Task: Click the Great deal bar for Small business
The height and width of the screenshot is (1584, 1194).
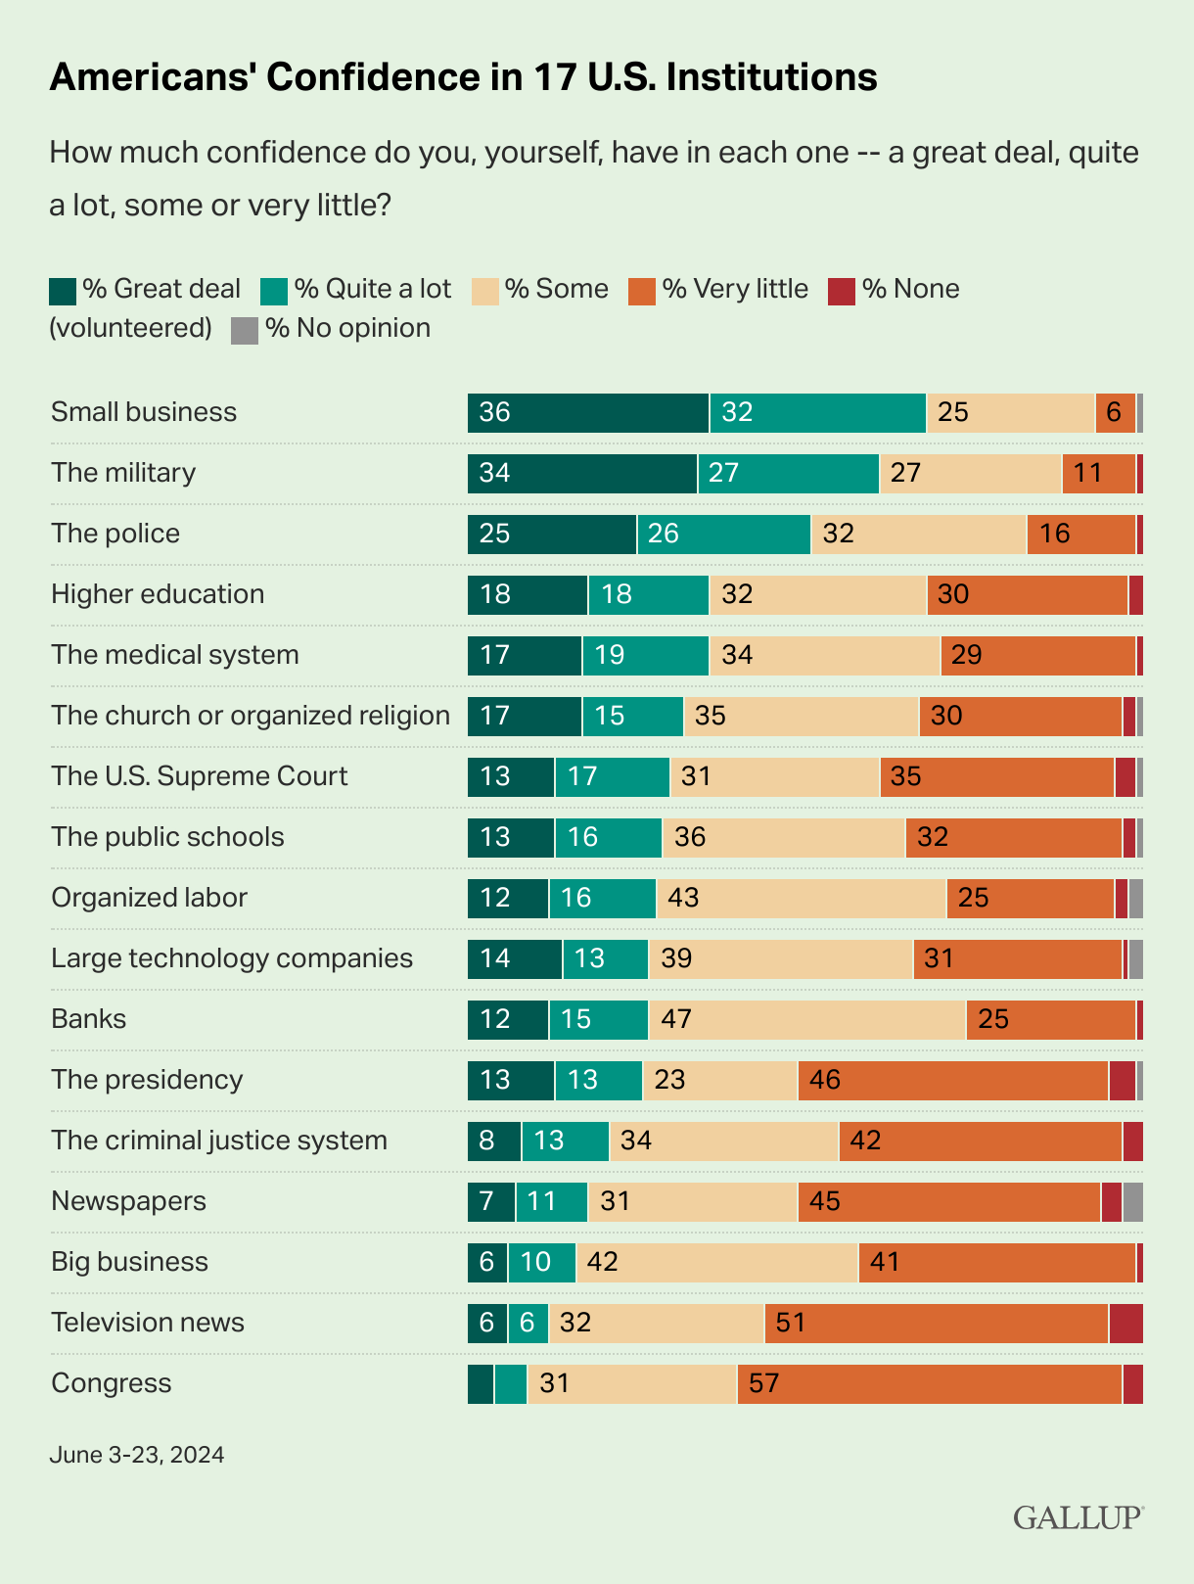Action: click(x=587, y=413)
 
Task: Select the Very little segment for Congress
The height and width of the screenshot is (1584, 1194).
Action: click(x=929, y=1384)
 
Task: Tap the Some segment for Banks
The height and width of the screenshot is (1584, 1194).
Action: click(x=806, y=1020)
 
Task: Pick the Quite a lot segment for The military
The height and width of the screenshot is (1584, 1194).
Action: click(x=788, y=474)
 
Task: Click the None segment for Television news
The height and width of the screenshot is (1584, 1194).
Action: click(x=1125, y=1324)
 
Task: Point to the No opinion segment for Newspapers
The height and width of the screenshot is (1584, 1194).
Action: click(x=1132, y=1202)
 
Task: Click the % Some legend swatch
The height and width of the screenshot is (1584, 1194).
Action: click(x=485, y=291)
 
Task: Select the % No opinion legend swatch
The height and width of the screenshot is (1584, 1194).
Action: click(x=245, y=330)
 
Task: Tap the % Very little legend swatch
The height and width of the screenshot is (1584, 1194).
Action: click(x=642, y=291)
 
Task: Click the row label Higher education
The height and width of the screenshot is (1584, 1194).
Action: click(x=158, y=594)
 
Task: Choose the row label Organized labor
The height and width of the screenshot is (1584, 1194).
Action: click(x=149, y=898)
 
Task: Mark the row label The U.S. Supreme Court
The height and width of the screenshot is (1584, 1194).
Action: click(x=199, y=776)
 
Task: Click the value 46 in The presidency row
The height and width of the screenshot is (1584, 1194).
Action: click(x=825, y=1080)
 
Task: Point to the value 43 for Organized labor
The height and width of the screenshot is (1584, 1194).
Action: click(x=683, y=898)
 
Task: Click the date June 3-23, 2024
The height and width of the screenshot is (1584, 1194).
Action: click(x=136, y=1455)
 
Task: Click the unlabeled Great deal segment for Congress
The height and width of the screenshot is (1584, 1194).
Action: click(x=481, y=1384)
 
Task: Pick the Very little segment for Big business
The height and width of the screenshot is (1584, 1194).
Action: click(x=996, y=1263)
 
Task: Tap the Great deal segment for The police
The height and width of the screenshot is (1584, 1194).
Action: click(x=551, y=535)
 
